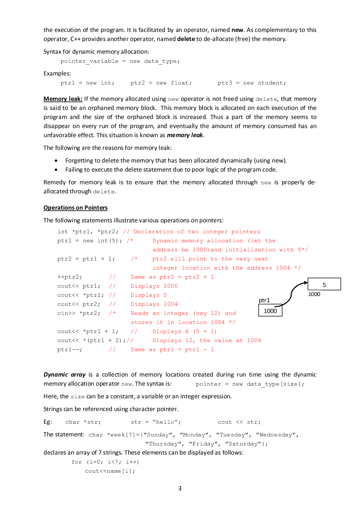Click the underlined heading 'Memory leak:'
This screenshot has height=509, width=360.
[x=63, y=99]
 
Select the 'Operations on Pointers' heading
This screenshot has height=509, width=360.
[x=75, y=208]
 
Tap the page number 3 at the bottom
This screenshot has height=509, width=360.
[x=180, y=488]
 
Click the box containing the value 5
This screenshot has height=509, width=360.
[x=324, y=284]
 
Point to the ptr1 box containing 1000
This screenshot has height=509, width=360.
[x=270, y=311]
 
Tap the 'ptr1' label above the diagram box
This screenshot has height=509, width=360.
[x=264, y=300]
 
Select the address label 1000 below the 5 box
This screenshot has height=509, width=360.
[x=314, y=294]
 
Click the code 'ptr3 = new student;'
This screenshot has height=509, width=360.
[x=251, y=83]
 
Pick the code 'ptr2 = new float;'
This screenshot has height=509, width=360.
[x=161, y=83]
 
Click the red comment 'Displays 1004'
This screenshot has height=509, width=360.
[x=154, y=304]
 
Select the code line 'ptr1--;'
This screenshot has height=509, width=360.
[x=70, y=350]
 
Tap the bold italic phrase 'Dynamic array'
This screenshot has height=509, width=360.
[x=64, y=375]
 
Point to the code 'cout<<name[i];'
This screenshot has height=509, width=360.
[x=110, y=471]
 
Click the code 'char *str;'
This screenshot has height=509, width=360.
[x=83, y=422]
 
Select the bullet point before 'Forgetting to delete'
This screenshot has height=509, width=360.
[x=56, y=160]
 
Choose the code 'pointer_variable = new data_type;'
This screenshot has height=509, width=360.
[x=120, y=61]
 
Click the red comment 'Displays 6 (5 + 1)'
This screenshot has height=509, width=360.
[x=184, y=332]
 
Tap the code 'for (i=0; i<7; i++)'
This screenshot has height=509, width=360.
[x=105, y=462]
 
